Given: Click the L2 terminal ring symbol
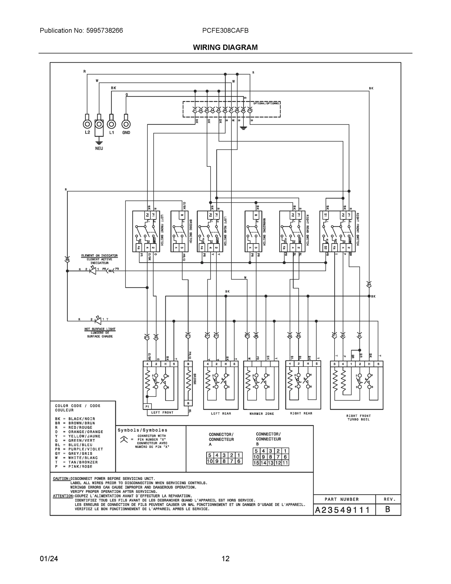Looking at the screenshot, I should point(87,124).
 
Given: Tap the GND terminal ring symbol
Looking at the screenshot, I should point(126,124).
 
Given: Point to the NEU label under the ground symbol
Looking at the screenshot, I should point(99,148).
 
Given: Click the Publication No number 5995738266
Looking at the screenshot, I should point(105,30).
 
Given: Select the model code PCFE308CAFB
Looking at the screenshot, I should point(225,30).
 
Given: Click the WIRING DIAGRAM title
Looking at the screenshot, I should point(225,47).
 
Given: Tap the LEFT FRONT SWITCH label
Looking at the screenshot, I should point(162,230).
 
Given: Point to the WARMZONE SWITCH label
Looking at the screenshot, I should point(264,231).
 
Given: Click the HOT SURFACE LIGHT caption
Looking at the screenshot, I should point(100,329).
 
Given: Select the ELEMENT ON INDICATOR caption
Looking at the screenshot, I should point(99,256).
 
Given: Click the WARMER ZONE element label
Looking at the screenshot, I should point(262,414).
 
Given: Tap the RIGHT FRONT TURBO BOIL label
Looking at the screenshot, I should point(358,417).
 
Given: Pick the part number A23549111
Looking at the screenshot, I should point(342,510).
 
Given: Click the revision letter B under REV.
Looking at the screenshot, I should point(388,509).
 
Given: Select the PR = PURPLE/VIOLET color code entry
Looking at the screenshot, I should point(79,449).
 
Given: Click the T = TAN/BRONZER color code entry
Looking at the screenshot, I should point(76,462).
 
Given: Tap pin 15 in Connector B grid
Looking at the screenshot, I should point(256,463).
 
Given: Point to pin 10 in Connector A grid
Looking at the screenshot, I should point(210,461).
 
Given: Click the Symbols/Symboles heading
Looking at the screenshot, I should point(142,430).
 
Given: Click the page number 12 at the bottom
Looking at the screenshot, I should point(225,559).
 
